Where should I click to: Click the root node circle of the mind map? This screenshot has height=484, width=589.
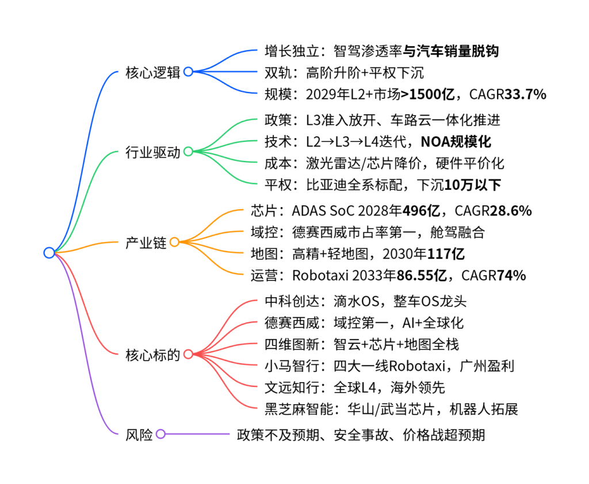(x=49, y=253)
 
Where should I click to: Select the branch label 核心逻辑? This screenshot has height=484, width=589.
(x=152, y=72)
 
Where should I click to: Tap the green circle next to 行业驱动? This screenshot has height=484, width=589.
(x=188, y=152)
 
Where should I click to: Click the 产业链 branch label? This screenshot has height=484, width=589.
(x=146, y=243)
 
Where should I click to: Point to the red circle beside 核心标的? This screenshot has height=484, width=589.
(x=188, y=354)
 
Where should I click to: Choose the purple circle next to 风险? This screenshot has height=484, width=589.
(x=160, y=434)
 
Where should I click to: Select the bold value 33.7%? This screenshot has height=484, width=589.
(x=524, y=94)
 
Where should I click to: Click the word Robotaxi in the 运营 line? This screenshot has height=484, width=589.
(x=319, y=275)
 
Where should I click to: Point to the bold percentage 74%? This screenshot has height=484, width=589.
(x=512, y=275)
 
